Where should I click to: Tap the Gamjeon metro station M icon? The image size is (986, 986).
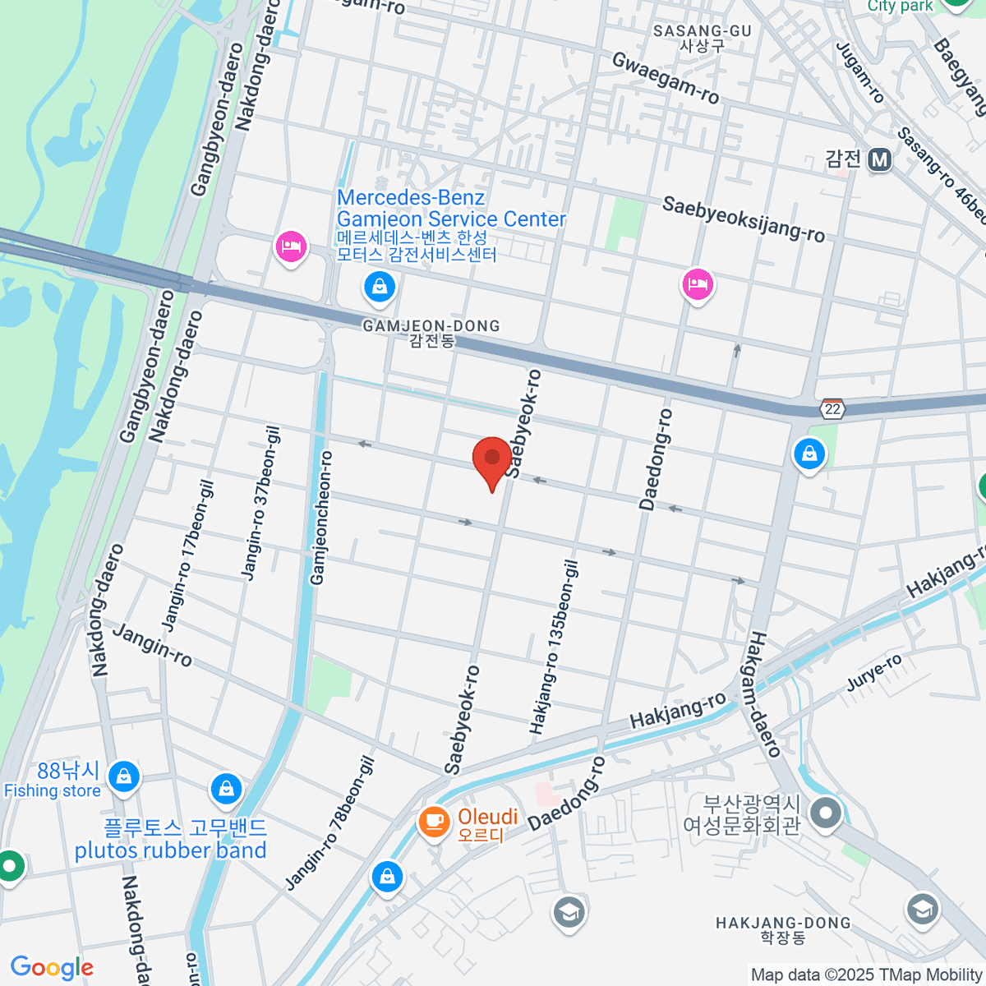pyautogui.click(x=880, y=159)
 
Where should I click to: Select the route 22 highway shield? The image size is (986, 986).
pyautogui.click(x=833, y=408)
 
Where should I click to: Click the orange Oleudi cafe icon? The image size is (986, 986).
pyautogui.click(x=433, y=821)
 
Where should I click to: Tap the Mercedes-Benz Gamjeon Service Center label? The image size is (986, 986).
pyautogui.click(x=451, y=209)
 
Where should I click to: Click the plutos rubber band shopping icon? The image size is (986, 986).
pyautogui.click(x=226, y=789)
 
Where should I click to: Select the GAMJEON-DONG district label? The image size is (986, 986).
pyautogui.click(x=431, y=326)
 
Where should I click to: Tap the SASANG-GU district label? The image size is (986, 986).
pyautogui.click(x=703, y=31)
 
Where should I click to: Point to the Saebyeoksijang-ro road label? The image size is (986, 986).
pyautogui.click(x=743, y=219)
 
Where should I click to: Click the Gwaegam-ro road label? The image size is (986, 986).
pyautogui.click(x=666, y=78)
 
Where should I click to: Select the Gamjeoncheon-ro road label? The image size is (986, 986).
pyautogui.click(x=321, y=518)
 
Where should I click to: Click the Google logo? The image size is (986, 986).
pyautogui.click(x=52, y=968)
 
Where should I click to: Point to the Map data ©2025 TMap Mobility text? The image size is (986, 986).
pyautogui.click(x=866, y=974)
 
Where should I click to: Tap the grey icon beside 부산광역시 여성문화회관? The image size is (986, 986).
pyautogui.click(x=826, y=813)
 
